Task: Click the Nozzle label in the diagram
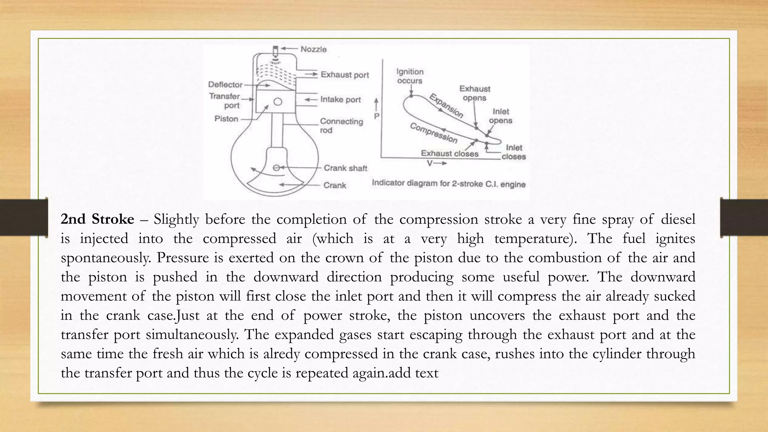313,49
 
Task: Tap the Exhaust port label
345,75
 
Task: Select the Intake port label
340,99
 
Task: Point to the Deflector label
225,84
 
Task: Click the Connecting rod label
341,126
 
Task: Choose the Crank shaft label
345,168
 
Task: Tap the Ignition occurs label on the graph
410,76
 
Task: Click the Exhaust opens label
475,93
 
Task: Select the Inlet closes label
514,152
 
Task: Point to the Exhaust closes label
450,153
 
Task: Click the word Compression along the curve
434,133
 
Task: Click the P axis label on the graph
376,116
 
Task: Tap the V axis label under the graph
430,163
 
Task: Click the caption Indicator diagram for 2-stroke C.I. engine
448,184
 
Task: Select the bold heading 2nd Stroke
97,219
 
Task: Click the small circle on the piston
278,102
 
